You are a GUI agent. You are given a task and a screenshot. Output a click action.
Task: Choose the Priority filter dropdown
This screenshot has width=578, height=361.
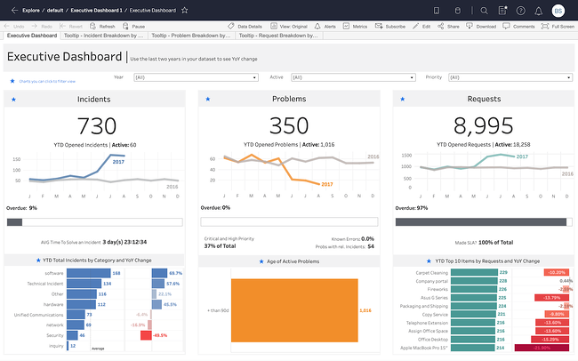(502, 77)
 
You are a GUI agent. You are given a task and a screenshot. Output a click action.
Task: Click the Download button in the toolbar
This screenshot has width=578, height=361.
(483, 27)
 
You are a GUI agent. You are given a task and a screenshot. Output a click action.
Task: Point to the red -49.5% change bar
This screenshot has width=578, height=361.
(139, 335)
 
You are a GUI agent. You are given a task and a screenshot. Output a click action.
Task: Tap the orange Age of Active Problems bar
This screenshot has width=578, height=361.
(293, 311)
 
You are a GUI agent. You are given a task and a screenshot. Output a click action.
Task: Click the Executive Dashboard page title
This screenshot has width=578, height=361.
(64, 57)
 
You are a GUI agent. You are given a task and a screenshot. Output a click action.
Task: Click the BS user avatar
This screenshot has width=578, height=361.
(558, 11)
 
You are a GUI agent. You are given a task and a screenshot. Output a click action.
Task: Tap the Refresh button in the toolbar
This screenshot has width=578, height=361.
(102, 27)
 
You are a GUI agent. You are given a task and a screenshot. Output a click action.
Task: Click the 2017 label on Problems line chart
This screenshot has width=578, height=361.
(325, 184)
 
